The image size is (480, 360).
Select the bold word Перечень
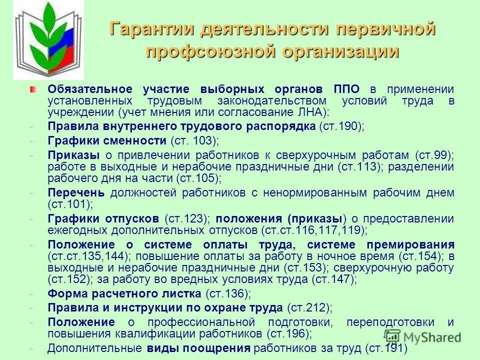tap(76, 192)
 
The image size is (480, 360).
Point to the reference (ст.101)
tap(70, 204)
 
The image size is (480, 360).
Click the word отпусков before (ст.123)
tap(136, 218)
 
